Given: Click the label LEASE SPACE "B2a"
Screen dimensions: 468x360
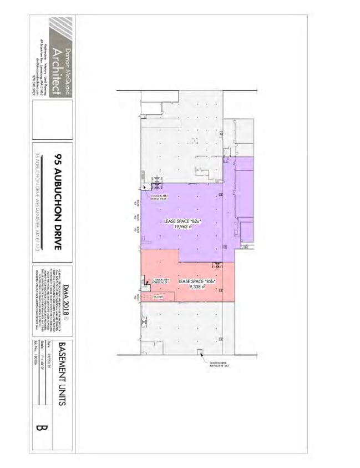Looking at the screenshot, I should (182, 221).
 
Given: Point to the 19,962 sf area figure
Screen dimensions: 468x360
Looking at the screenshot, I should (182, 227).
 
